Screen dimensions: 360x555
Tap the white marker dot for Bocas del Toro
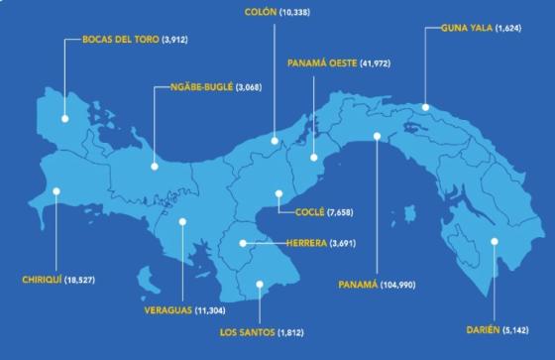pos(65,118)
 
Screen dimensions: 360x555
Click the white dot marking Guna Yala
pos(424,107)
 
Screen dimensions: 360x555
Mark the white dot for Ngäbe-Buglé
pos(155,166)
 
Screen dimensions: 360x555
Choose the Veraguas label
pos(162,310)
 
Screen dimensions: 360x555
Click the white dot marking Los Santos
pos(259,285)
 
